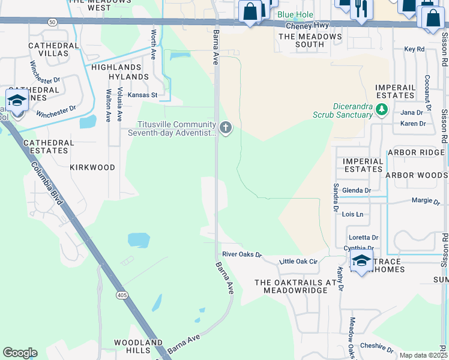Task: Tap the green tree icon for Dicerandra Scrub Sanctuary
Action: point(381,109)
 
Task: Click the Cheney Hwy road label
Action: point(307,26)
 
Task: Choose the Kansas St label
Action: point(142,95)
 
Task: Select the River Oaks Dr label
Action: point(242,254)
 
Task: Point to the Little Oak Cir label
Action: point(298,261)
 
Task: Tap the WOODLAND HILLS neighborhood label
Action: point(139,346)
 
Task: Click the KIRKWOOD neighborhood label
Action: point(92,167)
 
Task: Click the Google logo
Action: point(20,353)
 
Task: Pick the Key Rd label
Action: point(414,49)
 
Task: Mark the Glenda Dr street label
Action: point(356,190)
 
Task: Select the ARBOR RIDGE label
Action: point(415,152)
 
